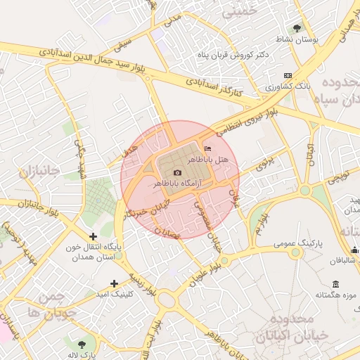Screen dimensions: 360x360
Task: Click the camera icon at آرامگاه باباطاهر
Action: [177, 172]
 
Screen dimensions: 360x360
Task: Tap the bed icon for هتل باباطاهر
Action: [207, 149]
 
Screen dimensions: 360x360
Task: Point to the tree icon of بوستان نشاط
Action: [297, 29]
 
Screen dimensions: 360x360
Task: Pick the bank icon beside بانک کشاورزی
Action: [287, 75]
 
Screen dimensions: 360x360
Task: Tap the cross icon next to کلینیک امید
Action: [114, 283]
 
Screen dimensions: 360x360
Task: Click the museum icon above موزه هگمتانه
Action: [335, 284]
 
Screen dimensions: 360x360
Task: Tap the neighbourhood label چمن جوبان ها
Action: [48, 305]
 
